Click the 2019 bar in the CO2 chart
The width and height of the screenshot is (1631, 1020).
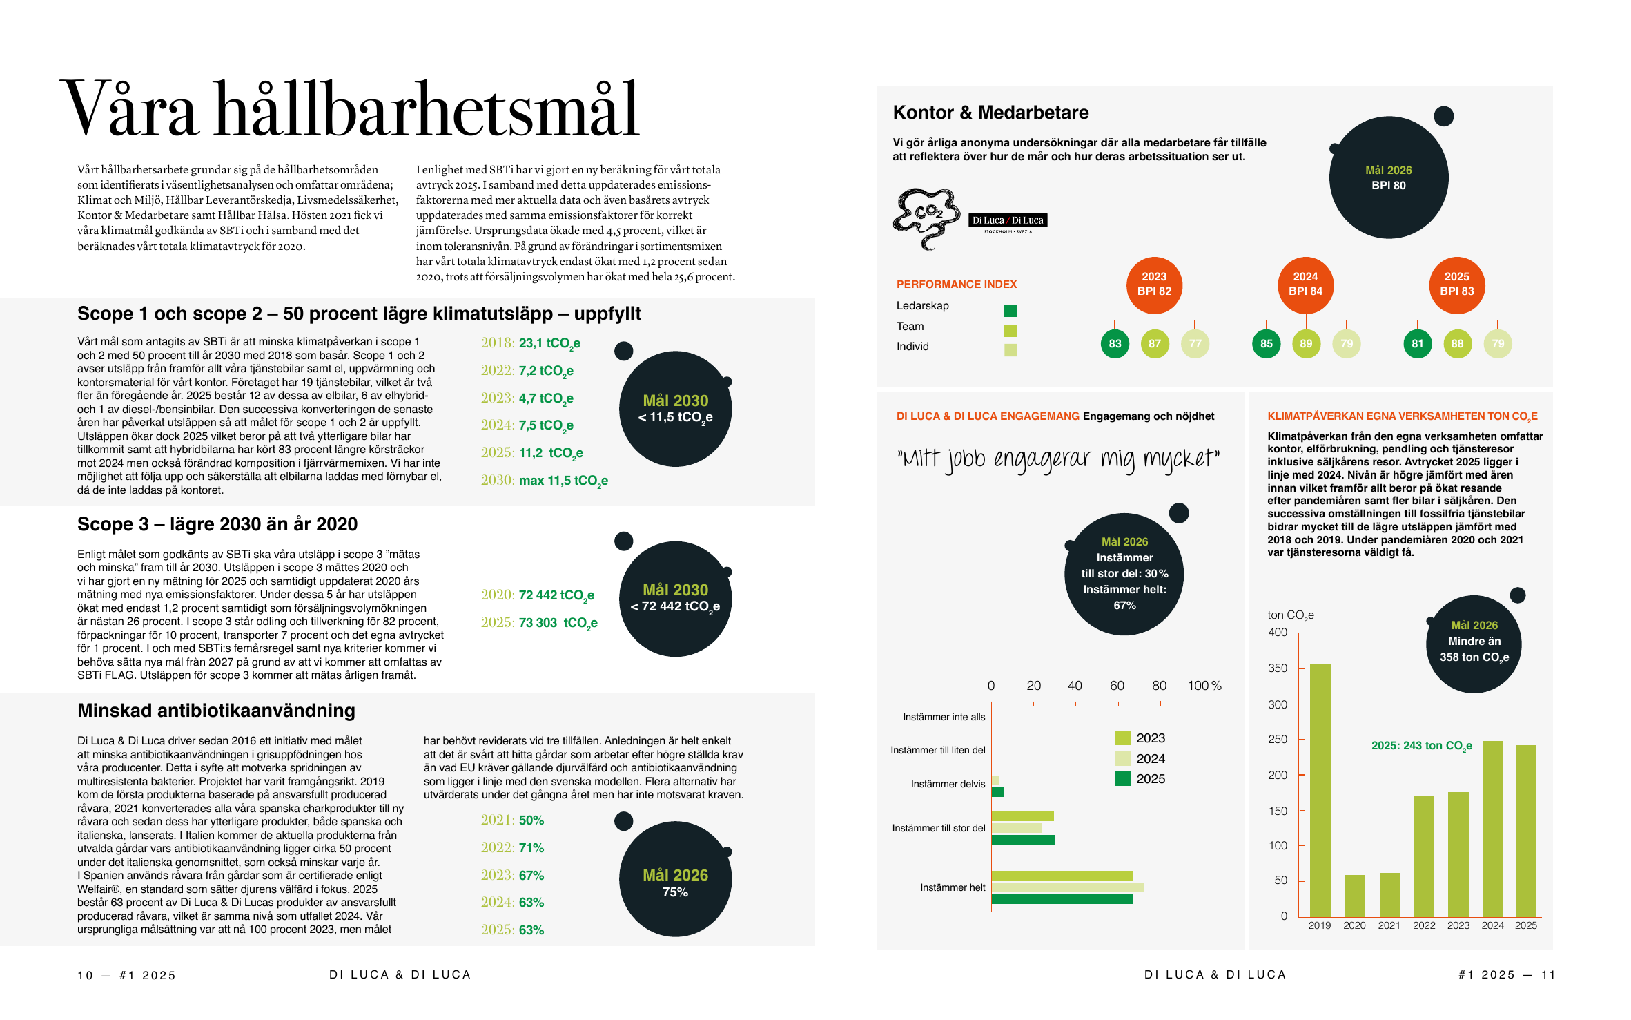click(x=1320, y=790)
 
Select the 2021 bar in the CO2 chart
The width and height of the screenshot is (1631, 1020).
click(x=1389, y=895)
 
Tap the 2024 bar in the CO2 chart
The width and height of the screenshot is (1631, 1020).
click(x=1492, y=829)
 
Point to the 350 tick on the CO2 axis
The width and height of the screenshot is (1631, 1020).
click(x=1301, y=668)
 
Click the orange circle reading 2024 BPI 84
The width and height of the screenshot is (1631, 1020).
click(x=1305, y=285)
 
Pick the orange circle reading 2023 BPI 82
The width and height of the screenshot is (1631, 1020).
click(x=1154, y=285)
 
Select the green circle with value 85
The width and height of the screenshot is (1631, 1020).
click(x=1266, y=344)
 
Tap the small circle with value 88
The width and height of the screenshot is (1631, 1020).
click(x=1457, y=344)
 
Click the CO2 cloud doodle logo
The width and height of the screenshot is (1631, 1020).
click(x=926, y=218)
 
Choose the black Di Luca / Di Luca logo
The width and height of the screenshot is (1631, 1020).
click(x=1008, y=222)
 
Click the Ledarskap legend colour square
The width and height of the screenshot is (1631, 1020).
click(x=1010, y=311)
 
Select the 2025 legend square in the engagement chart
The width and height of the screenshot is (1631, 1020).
click(x=1123, y=778)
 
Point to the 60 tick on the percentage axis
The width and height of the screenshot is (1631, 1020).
click(x=1117, y=704)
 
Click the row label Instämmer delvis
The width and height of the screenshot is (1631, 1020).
click(x=948, y=784)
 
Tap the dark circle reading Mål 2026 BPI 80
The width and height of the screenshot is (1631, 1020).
click(x=1389, y=177)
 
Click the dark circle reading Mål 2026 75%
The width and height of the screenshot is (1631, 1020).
click(x=675, y=879)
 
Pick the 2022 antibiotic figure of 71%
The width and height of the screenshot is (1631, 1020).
click(x=531, y=847)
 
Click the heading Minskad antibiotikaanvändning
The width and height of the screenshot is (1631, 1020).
click(x=216, y=711)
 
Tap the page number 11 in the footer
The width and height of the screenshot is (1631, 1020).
click(x=1548, y=975)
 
